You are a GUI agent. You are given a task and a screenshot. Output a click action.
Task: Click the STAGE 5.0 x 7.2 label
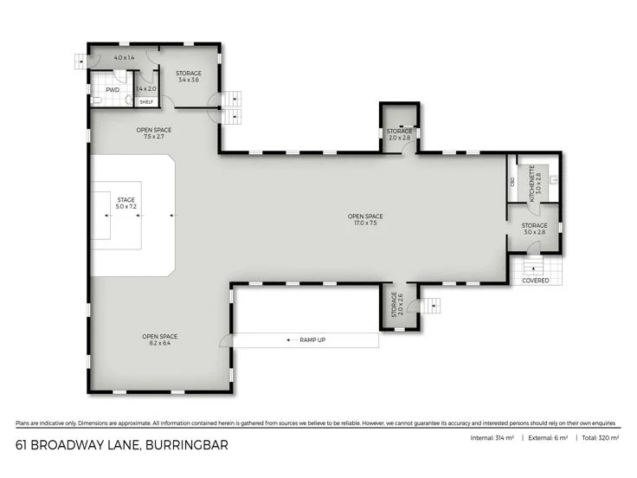click(126, 203)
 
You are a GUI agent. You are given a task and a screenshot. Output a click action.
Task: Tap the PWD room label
click(113, 89)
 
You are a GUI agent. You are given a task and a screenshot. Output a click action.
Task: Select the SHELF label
click(145, 101)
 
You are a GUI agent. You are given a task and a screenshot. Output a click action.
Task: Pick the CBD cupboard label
click(513, 182)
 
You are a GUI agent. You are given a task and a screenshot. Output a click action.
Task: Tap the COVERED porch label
click(535, 281)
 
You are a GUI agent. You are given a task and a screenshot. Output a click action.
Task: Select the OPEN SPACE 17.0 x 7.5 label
click(365, 220)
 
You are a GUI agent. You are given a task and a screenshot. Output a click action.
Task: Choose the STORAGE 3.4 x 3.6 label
click(188, 76)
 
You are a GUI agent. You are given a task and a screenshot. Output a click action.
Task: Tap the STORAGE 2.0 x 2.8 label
click(399, 134)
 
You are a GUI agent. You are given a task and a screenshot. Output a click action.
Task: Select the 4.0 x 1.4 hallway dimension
click(125, 57)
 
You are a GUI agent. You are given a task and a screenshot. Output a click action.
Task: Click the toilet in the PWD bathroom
click(97, 100)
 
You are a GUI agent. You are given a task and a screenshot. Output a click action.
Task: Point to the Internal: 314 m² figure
click(492, 439)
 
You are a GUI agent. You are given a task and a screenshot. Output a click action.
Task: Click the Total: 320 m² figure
click(600, 439)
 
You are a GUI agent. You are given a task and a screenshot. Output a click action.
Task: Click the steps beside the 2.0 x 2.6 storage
click(432, 306)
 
